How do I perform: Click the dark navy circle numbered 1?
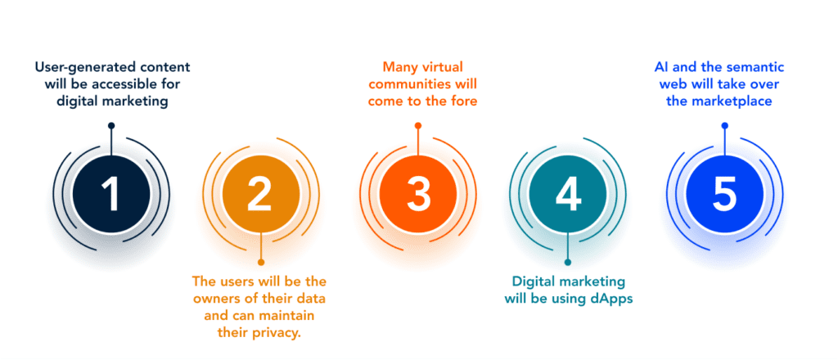111,195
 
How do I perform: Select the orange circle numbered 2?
261,195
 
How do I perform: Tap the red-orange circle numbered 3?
418,195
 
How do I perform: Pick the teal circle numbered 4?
568,195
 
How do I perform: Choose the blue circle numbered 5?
725,195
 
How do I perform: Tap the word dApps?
614,298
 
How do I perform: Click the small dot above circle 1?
111,125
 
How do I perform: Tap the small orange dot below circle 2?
261,263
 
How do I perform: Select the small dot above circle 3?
418,125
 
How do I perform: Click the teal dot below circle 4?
568,263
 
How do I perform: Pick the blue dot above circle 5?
725,125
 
